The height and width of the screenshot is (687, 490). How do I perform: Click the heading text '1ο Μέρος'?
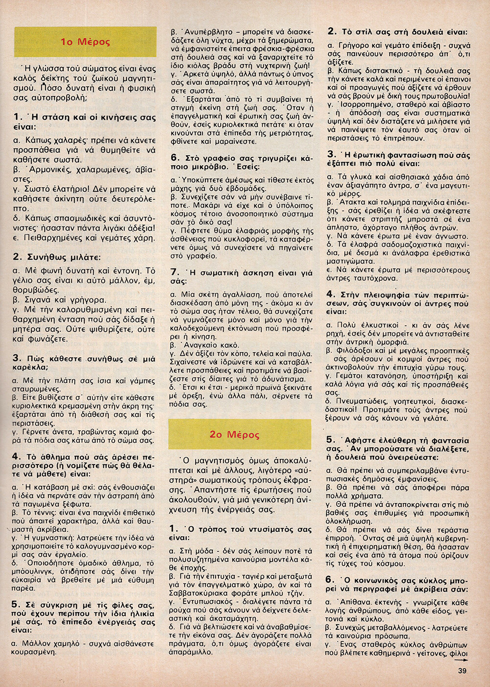point(85,42)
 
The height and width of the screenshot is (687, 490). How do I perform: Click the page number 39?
point(462,671)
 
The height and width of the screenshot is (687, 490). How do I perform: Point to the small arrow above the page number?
point(461,660)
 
